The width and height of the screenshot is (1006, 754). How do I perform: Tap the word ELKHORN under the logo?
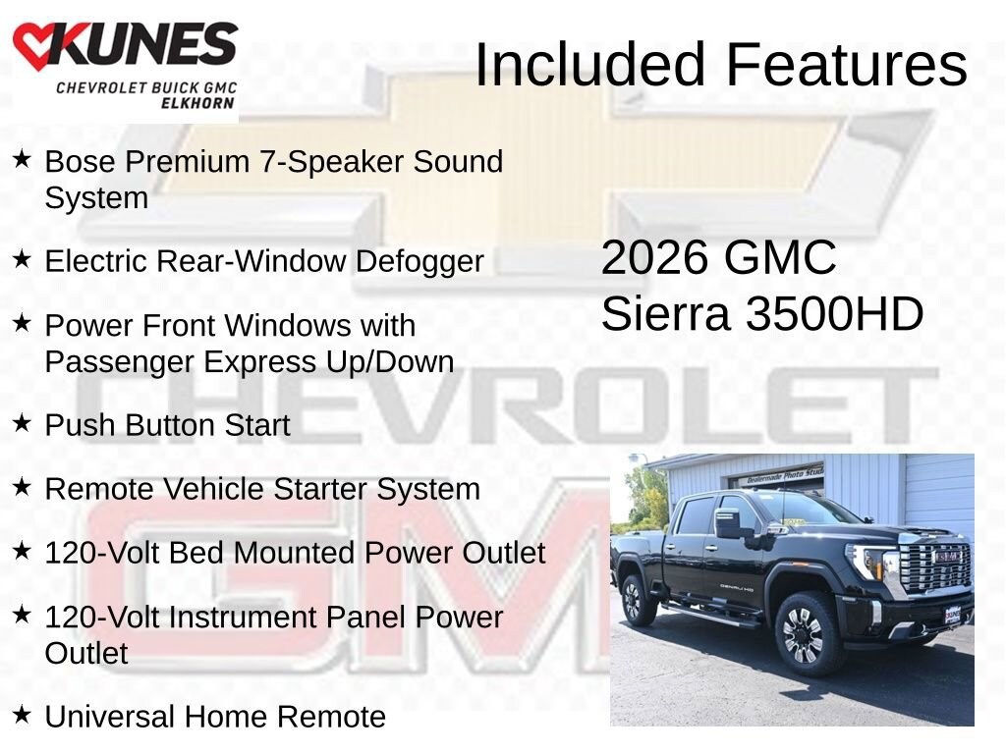pos(197,103)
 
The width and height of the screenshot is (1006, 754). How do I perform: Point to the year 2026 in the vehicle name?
pos(654,258)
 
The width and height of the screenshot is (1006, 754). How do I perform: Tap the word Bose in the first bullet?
pos(81,161)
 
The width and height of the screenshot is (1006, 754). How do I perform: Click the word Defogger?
pos(419,262)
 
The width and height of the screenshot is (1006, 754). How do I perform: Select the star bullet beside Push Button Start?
pos(22,423)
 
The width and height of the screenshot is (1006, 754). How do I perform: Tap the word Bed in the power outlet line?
pos(196,553)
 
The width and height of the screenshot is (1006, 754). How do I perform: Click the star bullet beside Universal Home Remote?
pos(22,715)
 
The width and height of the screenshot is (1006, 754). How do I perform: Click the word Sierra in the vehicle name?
pos(665,314)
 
